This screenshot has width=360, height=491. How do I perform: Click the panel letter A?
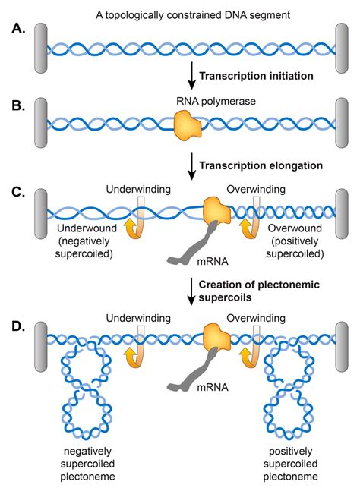coord(18,28)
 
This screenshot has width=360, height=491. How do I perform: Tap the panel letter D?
coord(18,326)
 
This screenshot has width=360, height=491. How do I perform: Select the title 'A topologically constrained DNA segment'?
coord(193,15)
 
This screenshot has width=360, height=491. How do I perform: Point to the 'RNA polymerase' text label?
coord(216,101)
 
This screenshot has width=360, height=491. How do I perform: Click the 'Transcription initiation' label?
coord(256,76)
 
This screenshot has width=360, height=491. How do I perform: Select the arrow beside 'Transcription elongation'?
coord(191,166)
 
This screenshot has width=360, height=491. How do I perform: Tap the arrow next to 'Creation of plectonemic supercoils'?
coord(191,291)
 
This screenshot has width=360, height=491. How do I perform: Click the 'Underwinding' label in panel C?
coord(138,189)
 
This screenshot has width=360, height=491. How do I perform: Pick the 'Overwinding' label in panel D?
coord(256,318)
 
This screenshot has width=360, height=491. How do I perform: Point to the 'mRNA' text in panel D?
coord(213,387)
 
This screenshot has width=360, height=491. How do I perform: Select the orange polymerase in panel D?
coord(217,337)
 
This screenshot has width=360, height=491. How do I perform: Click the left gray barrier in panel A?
coord(41,49)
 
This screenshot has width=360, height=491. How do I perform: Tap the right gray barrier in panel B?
coord(342,122)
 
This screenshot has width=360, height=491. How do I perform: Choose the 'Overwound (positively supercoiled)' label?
coord(295,241)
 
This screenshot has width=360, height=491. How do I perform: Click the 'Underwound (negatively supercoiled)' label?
coord(84,241)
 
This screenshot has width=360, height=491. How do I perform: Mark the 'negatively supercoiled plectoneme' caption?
coord(87,464)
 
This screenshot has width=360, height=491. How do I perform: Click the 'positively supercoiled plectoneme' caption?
coord(290,464)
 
